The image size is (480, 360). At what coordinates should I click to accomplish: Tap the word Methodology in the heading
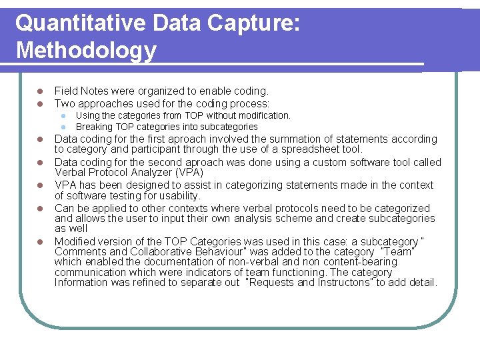click(x=86, y=50)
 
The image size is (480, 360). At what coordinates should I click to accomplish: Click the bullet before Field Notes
click(x=39, y=91)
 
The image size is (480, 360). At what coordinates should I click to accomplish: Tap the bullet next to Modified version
click(x=39, y=241)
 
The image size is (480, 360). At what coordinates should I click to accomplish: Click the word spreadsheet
click(x=305, y=149)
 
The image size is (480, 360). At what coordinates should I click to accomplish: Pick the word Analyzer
click(x=144, y=172)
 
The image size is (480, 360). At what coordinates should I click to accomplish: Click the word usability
click(x=177, y=196)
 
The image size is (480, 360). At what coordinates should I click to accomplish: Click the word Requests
click(x=273, y=283)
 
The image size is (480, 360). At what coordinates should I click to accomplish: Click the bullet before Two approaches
click(x=39, y=103)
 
